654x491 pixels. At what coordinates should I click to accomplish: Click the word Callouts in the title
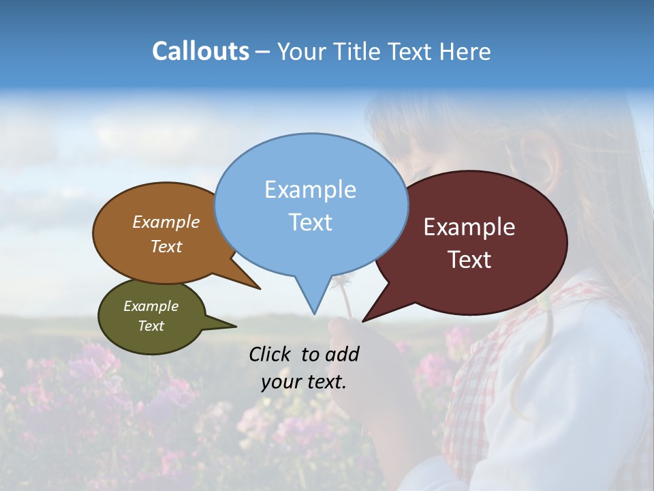(200, 52)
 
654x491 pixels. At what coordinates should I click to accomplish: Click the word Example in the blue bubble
(310, 190)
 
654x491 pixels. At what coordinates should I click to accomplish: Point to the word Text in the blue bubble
(310, 222)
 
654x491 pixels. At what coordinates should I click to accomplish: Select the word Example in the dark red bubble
(469, 227)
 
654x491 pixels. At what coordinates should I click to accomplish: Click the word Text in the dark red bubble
(469, 260)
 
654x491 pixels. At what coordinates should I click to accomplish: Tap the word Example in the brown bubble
(166, 222)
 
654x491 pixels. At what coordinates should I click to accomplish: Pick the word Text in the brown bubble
(166, 246)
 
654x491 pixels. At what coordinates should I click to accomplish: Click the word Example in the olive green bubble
(151, 306)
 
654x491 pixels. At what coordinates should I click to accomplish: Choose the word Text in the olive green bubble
(151, 326)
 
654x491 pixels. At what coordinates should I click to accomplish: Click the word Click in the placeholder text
(270, 355)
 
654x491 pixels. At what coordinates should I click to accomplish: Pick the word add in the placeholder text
(342, 355)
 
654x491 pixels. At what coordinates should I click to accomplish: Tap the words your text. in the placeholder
(304, 382)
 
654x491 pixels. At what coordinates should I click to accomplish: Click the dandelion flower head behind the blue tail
(341, 281)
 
